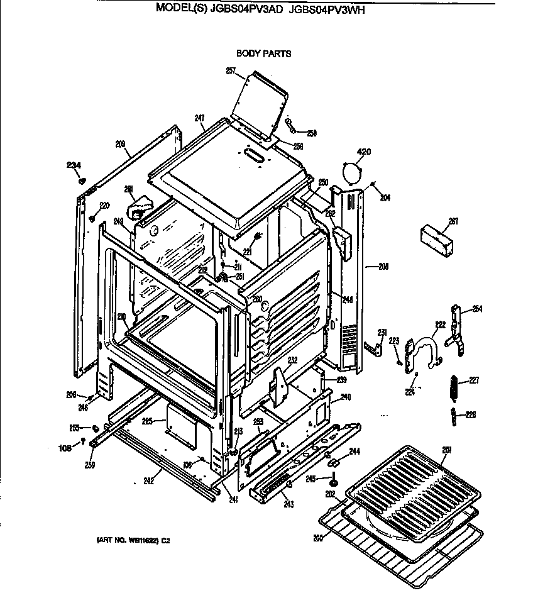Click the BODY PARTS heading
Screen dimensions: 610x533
(263, 54)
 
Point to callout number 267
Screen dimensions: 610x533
(453, 221)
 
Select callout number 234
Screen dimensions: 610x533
(74, 165)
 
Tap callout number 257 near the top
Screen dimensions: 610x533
(230, 70)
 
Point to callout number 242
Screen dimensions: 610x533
(148, 481)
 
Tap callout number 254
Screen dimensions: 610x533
(477, 308)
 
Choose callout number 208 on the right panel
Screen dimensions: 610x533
(383, 267)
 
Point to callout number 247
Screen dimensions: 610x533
(199, 118)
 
